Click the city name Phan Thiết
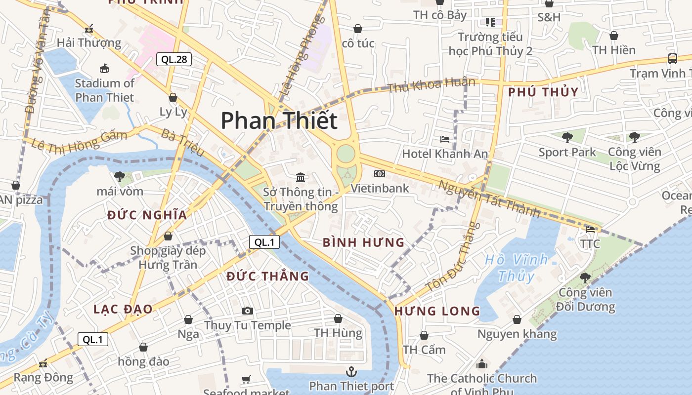coord(279,120)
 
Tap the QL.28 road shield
coord(174,60)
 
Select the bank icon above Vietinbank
coord(380,174)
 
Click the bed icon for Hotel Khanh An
coord(445,140)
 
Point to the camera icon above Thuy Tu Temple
coord(248,311)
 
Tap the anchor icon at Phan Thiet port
coord(351,371)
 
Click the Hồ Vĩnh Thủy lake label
coord(516,267)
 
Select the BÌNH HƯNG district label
coord(363,242)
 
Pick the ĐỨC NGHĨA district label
coord(147,215)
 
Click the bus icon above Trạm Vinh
coord(672,59)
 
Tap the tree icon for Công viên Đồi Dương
coord(585,278)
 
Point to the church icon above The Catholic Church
coord(481,364)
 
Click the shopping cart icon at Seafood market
coord(246,379)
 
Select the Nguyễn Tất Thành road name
coord(489,199)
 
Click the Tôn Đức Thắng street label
coord(453,257)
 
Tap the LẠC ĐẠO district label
coord(123,309)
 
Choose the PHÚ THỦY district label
coord(543,92)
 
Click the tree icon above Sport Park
coord(567,138)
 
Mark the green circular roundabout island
coord(346,153)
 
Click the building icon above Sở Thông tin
coord(300,177)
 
